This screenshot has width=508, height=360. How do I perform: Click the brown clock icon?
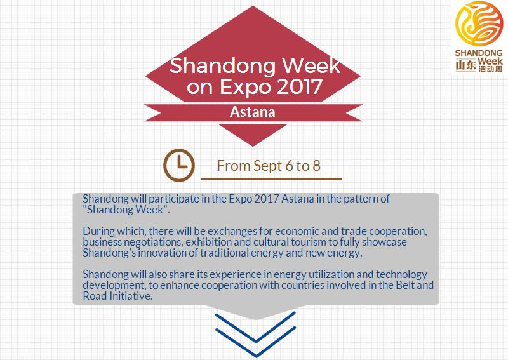[179, 164]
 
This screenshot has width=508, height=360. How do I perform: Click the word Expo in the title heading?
[241, 88]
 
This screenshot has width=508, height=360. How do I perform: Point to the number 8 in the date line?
[316, 166]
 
